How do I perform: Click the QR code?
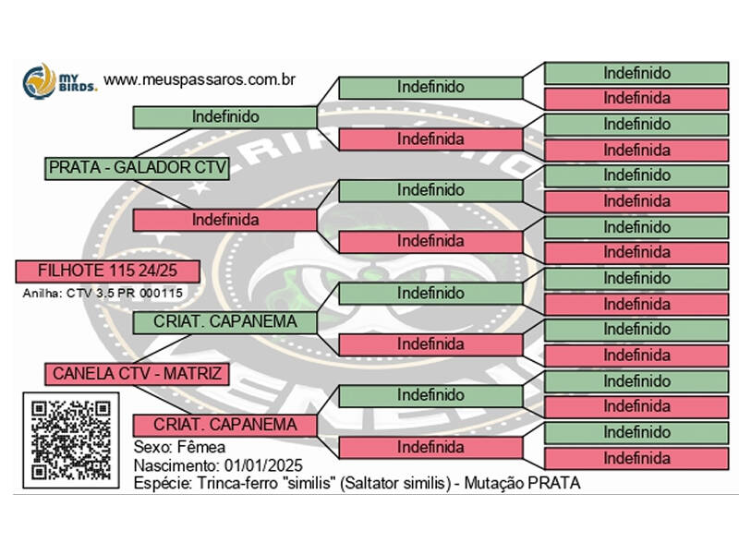[x=71, y=440]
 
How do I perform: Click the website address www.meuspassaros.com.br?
[x=200, y=79]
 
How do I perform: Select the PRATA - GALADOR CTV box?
[x=137, y=168]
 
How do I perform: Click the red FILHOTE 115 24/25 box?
[x=108, y=271]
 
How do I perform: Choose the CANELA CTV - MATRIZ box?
[x=135, y=374]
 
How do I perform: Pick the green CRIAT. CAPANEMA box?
[x=225, y=322]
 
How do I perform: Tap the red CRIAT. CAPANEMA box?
[x=225, y=425]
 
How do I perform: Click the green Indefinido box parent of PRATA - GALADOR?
[x=225, y=117]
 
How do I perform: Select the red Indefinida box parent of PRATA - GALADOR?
[x=225, y=220]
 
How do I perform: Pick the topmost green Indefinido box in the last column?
[x=636, y=72]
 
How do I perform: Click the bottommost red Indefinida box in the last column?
[x=636, y=458]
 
